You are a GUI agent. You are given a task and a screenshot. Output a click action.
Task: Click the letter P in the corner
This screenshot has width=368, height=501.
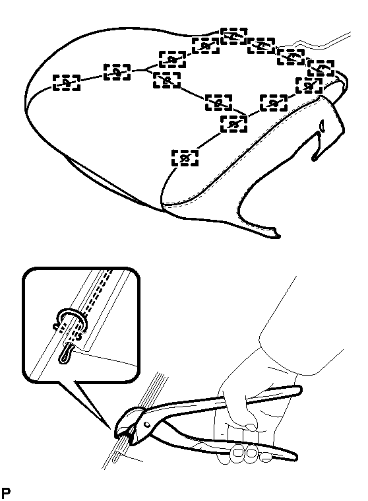[6, 492]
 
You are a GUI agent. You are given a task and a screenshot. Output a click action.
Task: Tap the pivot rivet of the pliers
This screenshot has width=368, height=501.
[146, 424]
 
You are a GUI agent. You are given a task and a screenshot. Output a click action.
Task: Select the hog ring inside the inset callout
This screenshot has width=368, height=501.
[70, 320]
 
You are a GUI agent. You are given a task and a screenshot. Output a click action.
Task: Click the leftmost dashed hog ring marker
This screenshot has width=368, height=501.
[67, 83]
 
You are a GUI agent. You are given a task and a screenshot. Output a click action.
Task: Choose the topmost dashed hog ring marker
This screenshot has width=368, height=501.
[234, 36]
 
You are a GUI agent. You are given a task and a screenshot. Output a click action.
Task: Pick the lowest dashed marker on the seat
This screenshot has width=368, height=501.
[185, 158]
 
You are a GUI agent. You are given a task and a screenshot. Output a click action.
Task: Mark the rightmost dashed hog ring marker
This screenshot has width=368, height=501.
[321, 68]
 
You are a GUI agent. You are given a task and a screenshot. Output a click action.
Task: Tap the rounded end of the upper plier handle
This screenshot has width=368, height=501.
[297, 391]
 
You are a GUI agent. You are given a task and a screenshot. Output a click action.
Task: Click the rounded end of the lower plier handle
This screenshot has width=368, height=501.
[293, 455]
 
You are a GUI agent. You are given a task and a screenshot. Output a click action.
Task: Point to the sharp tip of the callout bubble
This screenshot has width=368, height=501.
[110, 429]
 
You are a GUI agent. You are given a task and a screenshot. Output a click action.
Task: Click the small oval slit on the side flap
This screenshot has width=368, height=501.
[322, 125]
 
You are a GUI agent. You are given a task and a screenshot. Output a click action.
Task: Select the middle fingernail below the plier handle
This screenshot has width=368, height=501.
[252, 453]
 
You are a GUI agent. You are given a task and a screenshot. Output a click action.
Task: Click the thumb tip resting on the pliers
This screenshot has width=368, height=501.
[252, 426]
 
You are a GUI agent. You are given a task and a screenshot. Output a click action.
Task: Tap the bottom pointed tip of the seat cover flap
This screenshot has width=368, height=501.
[277, 236]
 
